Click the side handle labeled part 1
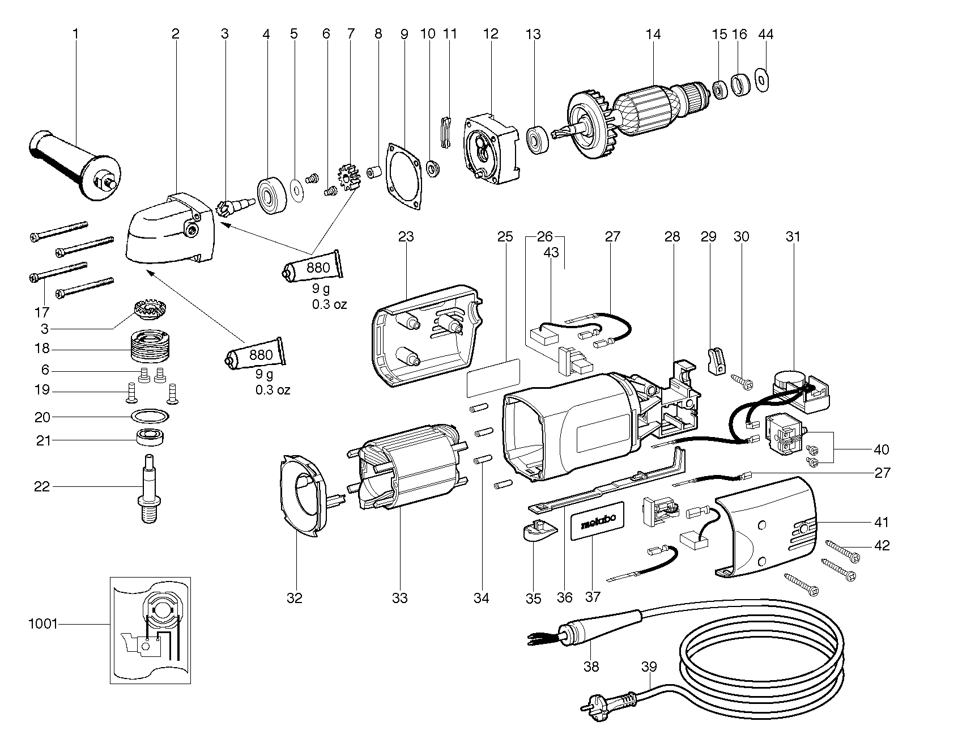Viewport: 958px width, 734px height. pos(74,164)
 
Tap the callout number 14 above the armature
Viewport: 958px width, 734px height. pos(653,34)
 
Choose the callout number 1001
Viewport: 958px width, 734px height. pos(43,624)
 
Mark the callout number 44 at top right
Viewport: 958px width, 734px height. pos(765,34)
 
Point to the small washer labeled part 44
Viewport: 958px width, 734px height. pos(763,79)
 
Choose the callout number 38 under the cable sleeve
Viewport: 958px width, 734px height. pos(591,667)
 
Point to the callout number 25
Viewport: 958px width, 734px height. pos(505,236)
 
